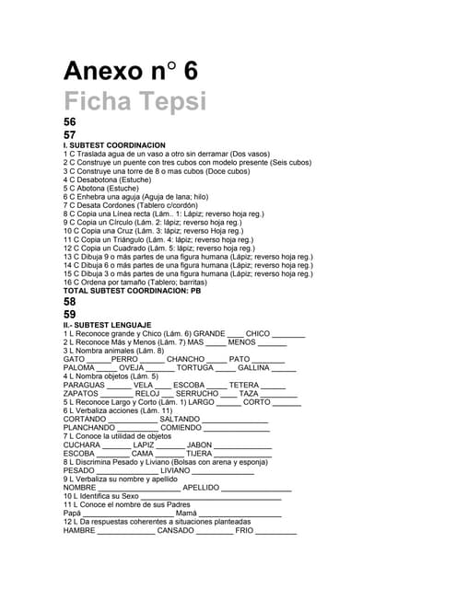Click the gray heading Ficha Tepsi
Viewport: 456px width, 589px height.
pos(134,101)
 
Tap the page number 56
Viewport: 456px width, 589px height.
pos(70,122)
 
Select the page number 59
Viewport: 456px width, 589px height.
pos(70,314)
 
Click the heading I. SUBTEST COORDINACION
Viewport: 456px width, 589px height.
pos(114,145)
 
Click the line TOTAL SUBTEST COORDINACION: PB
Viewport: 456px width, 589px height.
pos(132,290)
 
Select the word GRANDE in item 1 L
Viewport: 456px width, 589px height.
pos(208,334)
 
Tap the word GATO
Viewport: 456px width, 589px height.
pos(75,359)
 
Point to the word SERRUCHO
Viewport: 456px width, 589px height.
pos(195,393)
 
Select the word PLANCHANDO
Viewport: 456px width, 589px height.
pos(88,427)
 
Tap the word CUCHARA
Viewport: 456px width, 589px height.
pos(82,445)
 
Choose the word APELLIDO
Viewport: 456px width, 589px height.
pos(201,487)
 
